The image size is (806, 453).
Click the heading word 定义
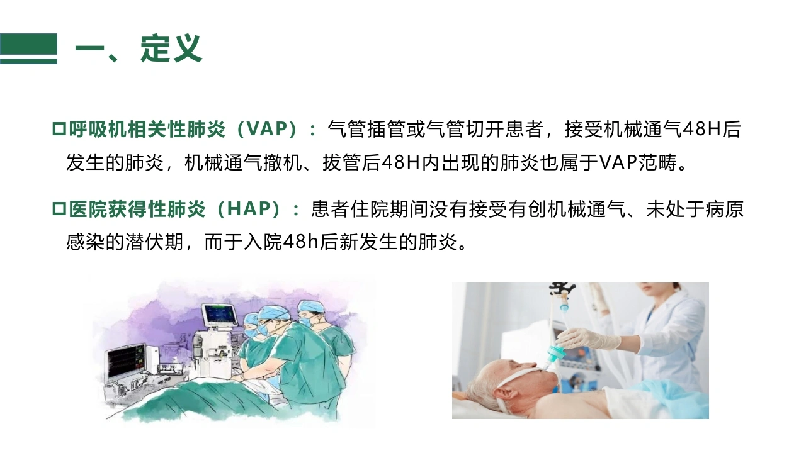point(171,48)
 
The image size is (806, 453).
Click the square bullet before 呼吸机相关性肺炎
point(59,129)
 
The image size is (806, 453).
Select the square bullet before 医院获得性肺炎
point(59,209)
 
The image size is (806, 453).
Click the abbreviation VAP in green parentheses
point(268,129)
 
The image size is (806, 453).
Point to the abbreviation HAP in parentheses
point(249,209)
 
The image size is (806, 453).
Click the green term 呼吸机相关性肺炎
point(147,129)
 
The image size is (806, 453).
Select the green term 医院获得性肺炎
point(137,209)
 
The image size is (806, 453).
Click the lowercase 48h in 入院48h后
point(300,242)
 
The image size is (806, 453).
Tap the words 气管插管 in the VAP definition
point(366,129)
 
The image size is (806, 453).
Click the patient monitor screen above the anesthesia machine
point(219,316)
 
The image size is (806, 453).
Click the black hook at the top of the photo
point(562,288)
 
